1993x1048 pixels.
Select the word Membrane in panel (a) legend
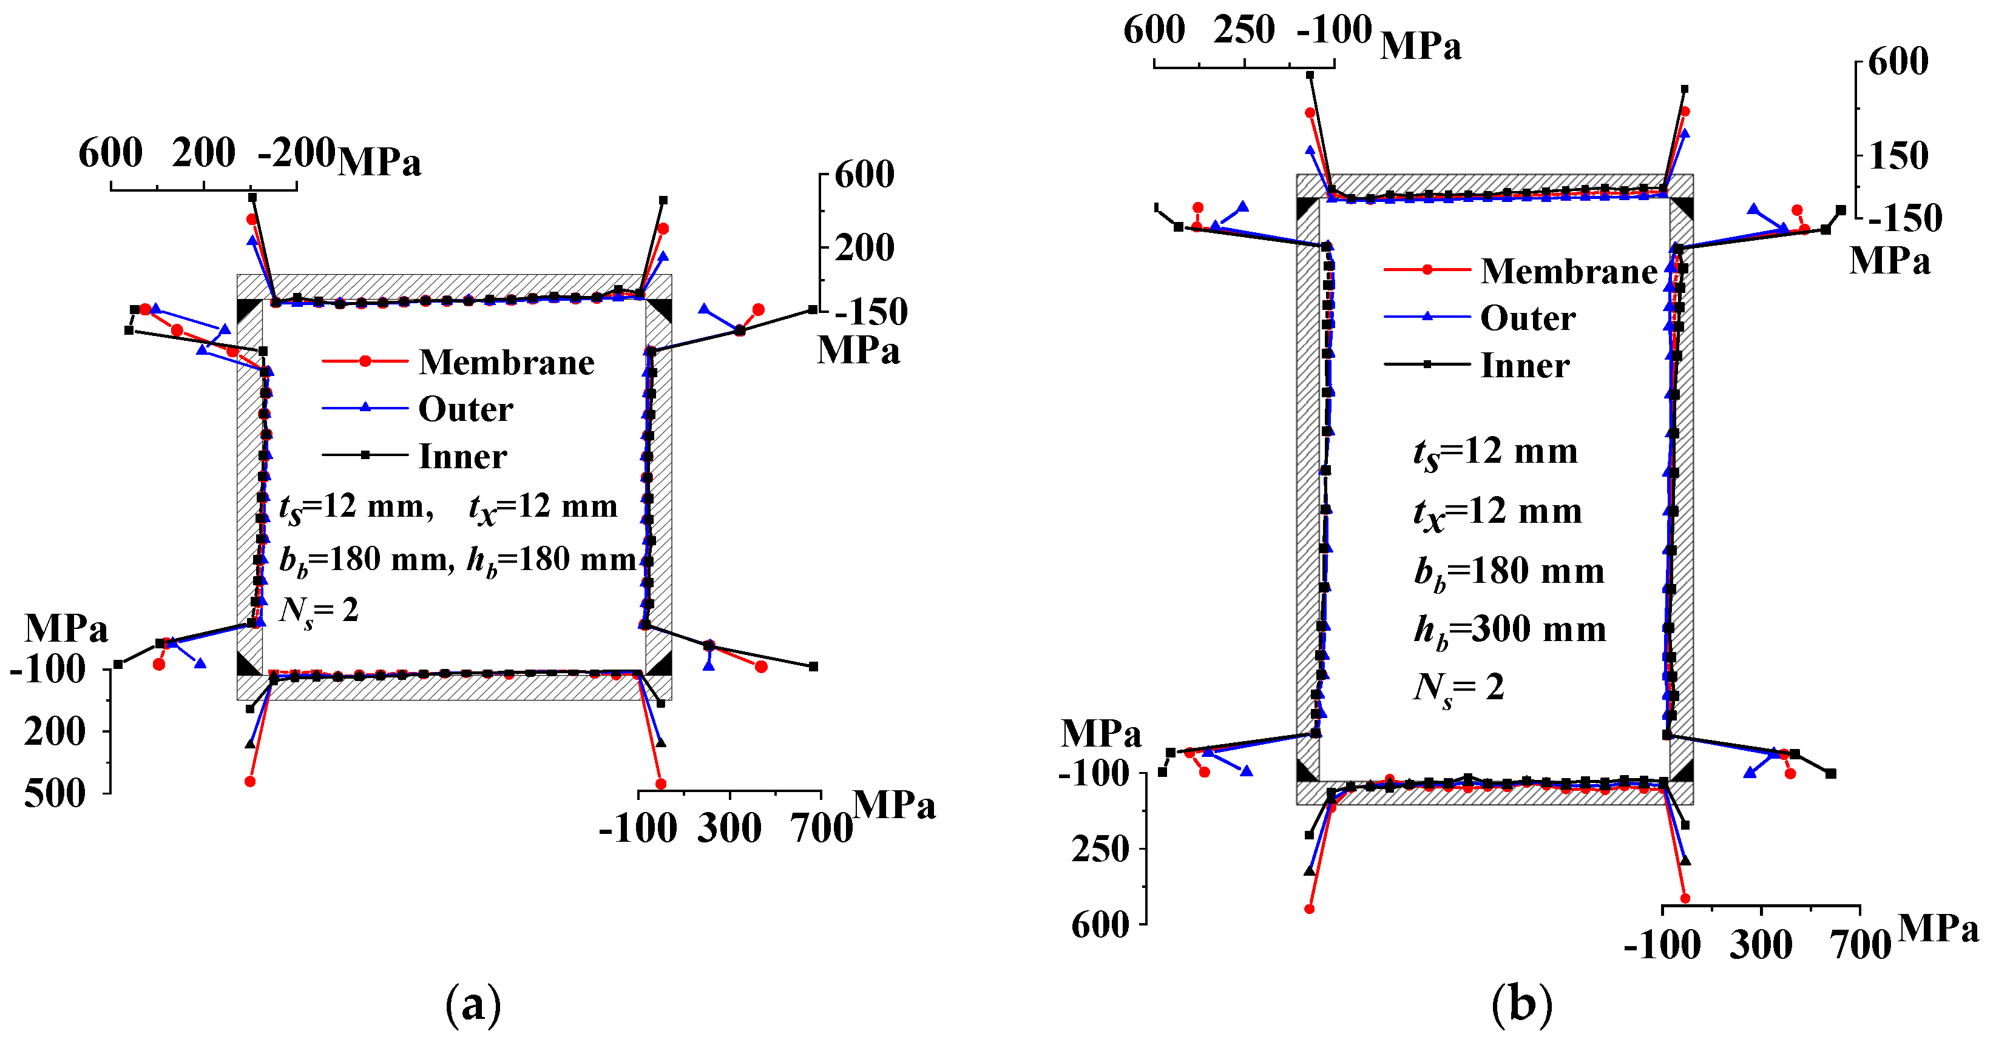tap(507, 362)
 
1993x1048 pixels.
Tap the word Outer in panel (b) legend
tap(1528, 318)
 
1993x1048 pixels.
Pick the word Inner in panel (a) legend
tap(462, 456)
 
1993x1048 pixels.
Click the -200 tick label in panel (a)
tap(296, 152)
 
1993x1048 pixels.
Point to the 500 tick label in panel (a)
tap(54, 793)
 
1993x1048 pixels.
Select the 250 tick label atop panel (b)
tap(1244, 30)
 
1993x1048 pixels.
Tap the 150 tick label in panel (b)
tap(1898, 156)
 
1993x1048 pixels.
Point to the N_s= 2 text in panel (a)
tap(319, 611)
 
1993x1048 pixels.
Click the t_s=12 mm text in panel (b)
tap(1495, 452)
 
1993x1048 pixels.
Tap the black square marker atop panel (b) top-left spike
tap(1310, 75)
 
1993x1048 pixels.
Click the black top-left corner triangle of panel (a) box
tap(248, 310)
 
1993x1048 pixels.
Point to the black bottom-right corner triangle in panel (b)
tap(1681, 771)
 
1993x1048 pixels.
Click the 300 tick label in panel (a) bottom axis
tap(729, 828)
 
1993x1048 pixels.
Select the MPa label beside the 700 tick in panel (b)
tap(1938, 928)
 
